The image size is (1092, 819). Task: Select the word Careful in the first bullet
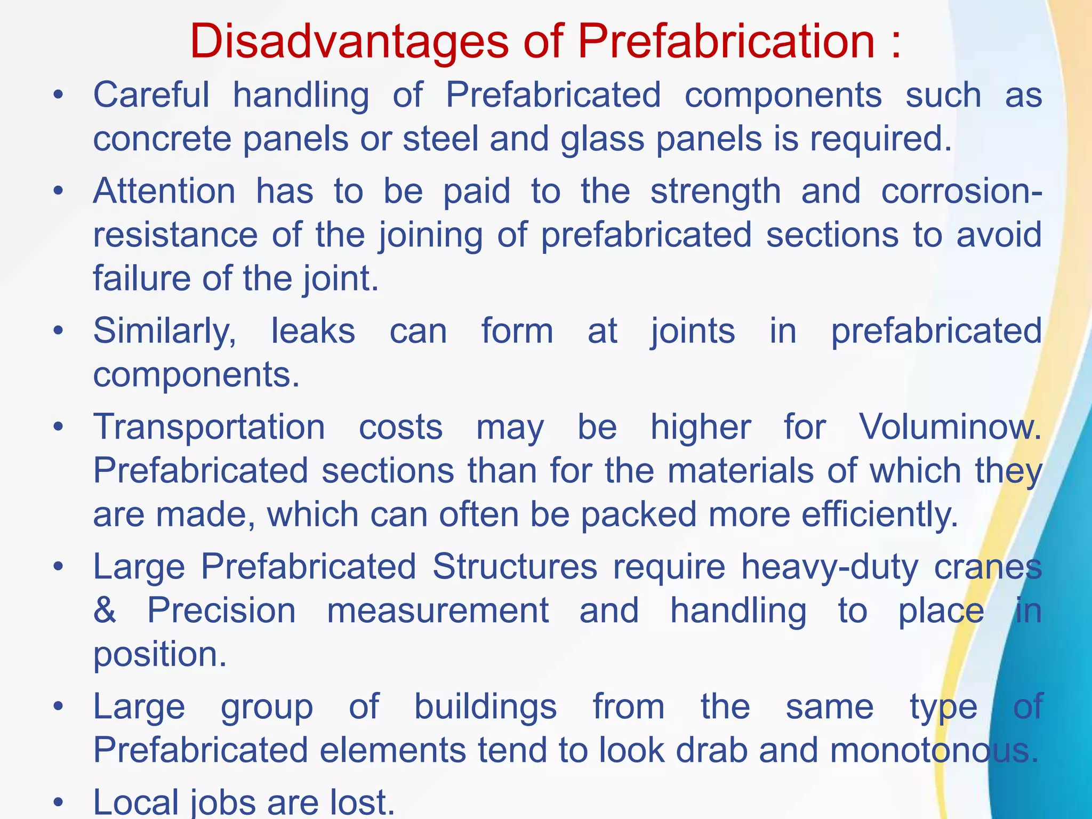pyautogui.click(x=151, y=95)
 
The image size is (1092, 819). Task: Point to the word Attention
pyautogui.click(x=164, y=191)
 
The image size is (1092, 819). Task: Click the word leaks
pyautogui.click(x=313, y=331)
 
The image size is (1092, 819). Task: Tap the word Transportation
pyautogui.click(x=209, y=428)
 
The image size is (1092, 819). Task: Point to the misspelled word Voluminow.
pyautogui.click(x=950, y=428)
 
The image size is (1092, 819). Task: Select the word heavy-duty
pyautogui.click(x=830, y=567)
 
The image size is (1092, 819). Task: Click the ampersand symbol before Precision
pyautogui.click(x=105, y=611)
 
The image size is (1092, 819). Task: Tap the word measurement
pyautogui.click(x=438, y=611)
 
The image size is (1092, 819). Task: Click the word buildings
pyautogui.click(x=485, y=708)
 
